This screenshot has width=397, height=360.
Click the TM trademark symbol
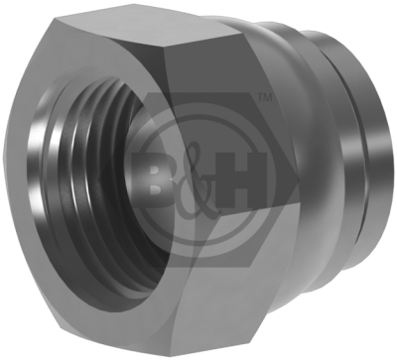(264, 98)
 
